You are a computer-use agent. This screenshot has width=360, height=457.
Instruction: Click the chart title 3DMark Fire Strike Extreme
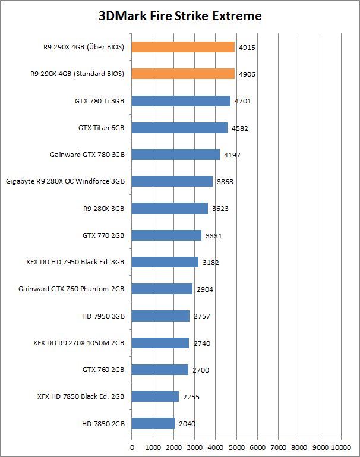tap(180, 16)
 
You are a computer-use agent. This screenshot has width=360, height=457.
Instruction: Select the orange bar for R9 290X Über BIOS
tap(183, 47)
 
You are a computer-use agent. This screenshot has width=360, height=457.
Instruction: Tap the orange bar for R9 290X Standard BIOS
tap(183, 74)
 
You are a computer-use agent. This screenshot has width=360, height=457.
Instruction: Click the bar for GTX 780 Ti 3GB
tap(181, 101)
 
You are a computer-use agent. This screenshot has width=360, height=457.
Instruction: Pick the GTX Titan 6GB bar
tap(179, 128)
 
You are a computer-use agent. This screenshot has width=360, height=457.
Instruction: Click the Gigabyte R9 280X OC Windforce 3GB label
tap(65, 181)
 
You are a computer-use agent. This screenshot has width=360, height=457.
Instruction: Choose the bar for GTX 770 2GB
tap(166, 235)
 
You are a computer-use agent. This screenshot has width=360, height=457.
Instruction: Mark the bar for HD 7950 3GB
tap(160, 316)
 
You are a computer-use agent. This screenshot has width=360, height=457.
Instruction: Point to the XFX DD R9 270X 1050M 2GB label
tap(79, 343)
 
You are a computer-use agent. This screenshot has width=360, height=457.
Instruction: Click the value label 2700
tap(200, 370)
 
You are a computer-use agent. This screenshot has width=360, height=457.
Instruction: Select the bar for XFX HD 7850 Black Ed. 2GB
tap(155, 396)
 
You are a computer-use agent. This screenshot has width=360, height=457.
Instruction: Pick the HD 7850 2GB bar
tap(153, 423)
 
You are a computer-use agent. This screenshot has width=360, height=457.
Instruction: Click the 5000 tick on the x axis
tap(236, 446)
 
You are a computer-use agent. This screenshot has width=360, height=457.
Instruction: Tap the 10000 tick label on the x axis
tap(340, 446)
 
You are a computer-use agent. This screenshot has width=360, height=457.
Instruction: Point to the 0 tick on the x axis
tap(132, 446)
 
